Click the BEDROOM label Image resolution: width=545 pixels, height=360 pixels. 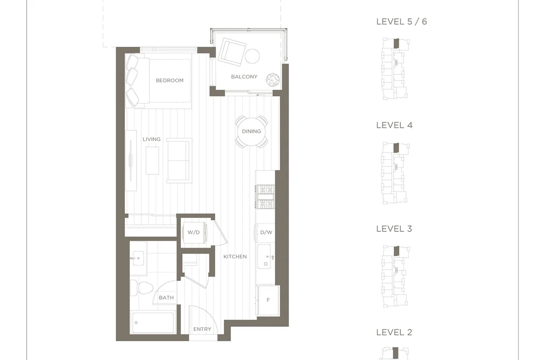[x=169, y=80]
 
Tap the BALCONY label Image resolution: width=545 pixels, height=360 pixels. [x=244, y=76]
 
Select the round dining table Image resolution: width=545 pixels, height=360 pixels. [x=251, y=131]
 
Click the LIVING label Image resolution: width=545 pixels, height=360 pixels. [x=152, y=139]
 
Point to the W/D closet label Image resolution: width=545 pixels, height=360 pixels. [x=194, y=232]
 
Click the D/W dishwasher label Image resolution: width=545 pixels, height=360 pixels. [x=266, y=232]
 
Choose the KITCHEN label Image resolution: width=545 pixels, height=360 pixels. [x=235, y=257]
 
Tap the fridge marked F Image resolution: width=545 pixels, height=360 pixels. [x=268, y=300]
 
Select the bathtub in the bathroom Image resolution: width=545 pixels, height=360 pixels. [x=153, y=323]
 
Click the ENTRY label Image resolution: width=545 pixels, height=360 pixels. [x=202, y=329]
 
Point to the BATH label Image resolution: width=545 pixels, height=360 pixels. [x=166, y=298]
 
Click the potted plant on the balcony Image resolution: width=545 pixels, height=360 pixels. [x=273, y=80]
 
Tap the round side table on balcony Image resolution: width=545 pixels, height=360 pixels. [x=252, y=56]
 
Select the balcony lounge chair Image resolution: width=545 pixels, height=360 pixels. [x=232, y=52]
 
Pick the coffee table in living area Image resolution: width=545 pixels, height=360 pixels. [x=152, y=160]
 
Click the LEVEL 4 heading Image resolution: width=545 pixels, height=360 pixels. [x=394, y=125]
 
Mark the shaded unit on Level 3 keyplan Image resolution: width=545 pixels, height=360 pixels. [x=396, y=251]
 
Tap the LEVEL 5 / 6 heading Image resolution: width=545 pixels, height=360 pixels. [x=401, y=22]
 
